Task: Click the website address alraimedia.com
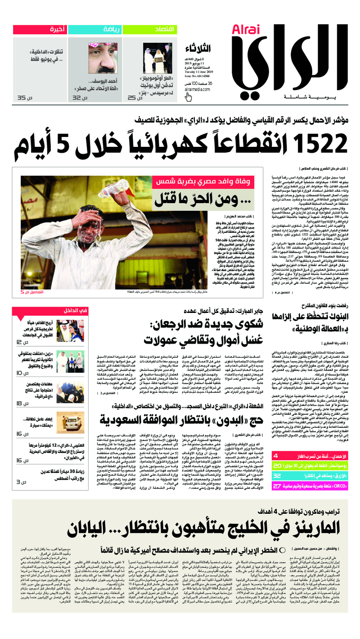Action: (197, 90)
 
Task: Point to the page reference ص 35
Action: (22, 98)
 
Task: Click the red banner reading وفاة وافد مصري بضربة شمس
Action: (203, 182)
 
